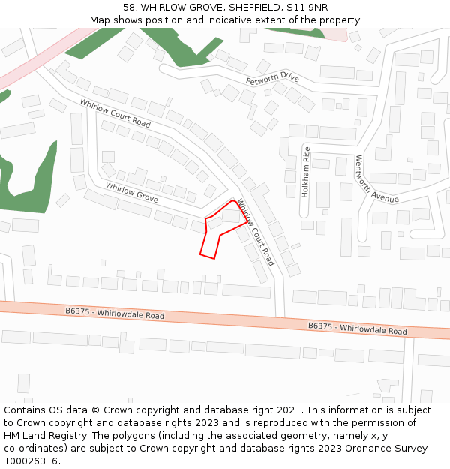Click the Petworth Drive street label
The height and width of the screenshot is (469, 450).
272,79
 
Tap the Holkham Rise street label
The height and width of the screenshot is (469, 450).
306,172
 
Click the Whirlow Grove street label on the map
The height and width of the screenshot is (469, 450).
131,192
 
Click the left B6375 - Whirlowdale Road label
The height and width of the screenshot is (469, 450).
114,313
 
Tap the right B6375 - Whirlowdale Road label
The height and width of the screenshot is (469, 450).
358,329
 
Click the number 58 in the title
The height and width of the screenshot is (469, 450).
129,8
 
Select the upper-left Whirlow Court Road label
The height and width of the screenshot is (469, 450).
115,113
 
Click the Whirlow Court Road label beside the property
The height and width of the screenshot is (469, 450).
256,232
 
